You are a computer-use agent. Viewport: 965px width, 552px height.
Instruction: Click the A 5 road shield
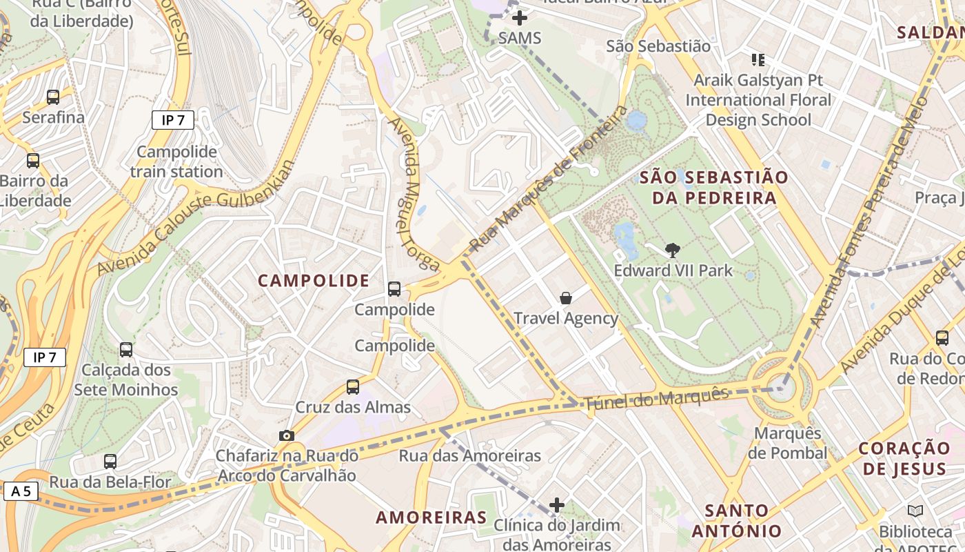click(x=21, y=491)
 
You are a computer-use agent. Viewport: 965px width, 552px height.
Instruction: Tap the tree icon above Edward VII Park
click(x=673, y=250)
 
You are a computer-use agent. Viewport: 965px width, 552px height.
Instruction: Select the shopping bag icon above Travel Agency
click(x=566, y=298)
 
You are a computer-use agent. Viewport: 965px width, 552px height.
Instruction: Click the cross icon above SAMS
click(x=520, y=18)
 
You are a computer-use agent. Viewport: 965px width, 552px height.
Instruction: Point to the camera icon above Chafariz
click(x=287, y=435)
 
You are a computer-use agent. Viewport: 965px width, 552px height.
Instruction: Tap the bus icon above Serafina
click(x=53, y=97)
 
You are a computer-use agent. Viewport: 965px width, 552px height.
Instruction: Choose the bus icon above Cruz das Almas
click(x=353, y=387)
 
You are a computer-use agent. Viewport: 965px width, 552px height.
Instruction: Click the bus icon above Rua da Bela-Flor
click(x=110, y=462)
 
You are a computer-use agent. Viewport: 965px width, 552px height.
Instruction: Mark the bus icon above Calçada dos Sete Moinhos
click(x=126, y=350)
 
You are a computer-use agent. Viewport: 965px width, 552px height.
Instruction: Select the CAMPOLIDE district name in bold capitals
click(x=314, y=281)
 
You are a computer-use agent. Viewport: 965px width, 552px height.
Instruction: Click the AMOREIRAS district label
click(x=431, y=517)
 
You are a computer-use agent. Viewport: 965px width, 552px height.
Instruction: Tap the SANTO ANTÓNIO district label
click(x=737, y=521)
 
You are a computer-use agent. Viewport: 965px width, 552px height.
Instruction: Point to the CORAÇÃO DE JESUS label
click(x=905, y=459)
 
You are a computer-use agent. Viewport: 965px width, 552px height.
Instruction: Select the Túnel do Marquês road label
click(x=656, y=400)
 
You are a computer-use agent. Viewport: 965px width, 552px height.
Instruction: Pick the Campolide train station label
click(x=176, y=161)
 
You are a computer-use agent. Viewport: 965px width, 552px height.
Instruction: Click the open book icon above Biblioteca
click(x=915, y=511)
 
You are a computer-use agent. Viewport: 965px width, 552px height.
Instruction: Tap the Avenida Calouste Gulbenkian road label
click(x=196, y=217)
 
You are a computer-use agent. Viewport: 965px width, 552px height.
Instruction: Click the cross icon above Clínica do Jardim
click(x=557, y=505)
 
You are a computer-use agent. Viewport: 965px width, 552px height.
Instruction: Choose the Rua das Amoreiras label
click(x=470, y=456)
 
